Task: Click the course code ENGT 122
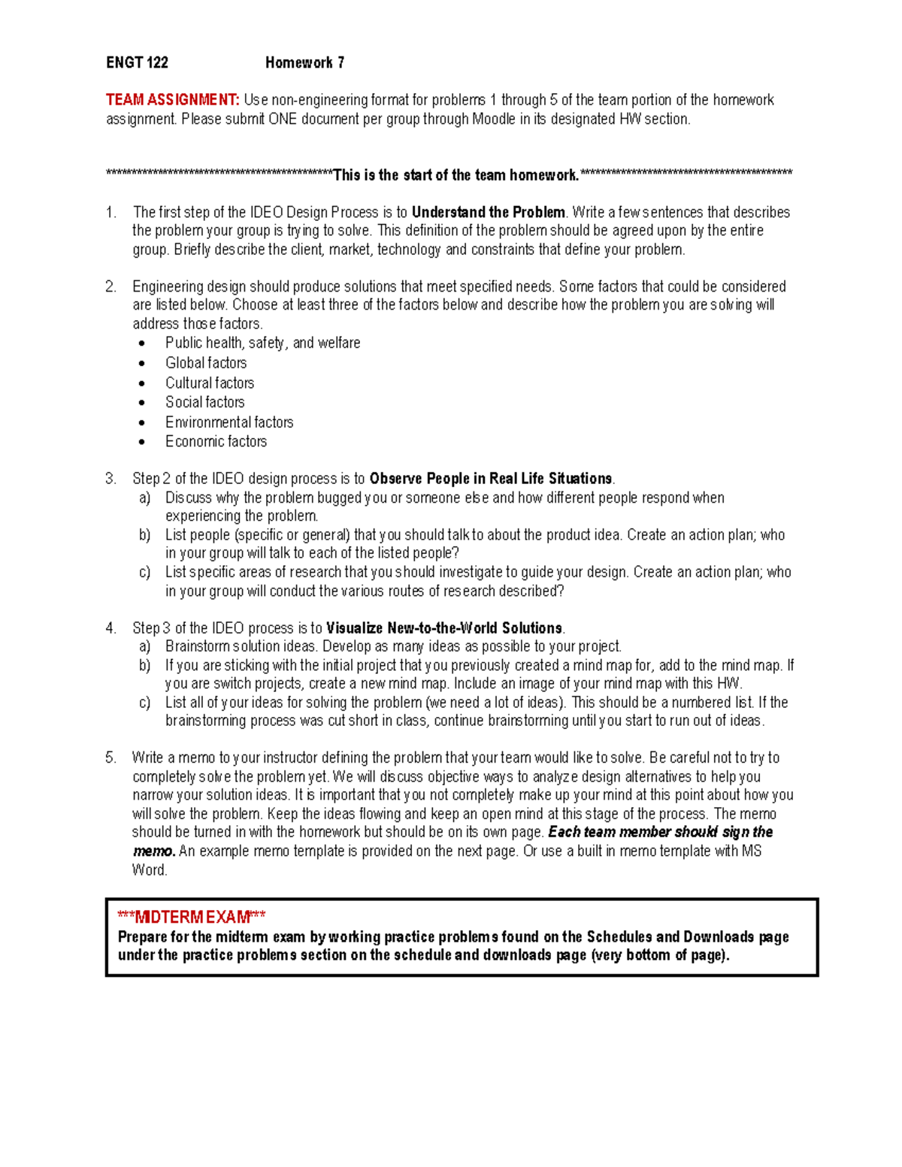coord(137,63)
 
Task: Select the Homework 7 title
coord(304,63)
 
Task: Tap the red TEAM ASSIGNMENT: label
coord(172,100)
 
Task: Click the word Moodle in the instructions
coord(493,119)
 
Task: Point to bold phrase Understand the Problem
coord(488,213)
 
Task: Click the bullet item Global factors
coord(206,363)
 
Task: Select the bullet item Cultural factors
coord(210,382)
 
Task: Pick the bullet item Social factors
coord(204,402)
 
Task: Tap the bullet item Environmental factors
coord(229,422)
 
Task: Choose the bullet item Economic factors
coord(216,442)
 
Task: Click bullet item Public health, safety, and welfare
coord(262,343)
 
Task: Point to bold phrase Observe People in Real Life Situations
coord(491,479)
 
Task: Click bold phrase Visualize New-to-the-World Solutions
coord(444,628)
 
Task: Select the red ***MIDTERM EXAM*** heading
coord(191,918)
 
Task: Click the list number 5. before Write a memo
coord(111,758)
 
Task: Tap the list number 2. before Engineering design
coord(111,287)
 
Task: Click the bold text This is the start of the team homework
coord(456,176)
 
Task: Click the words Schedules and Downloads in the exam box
coord(670,937)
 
